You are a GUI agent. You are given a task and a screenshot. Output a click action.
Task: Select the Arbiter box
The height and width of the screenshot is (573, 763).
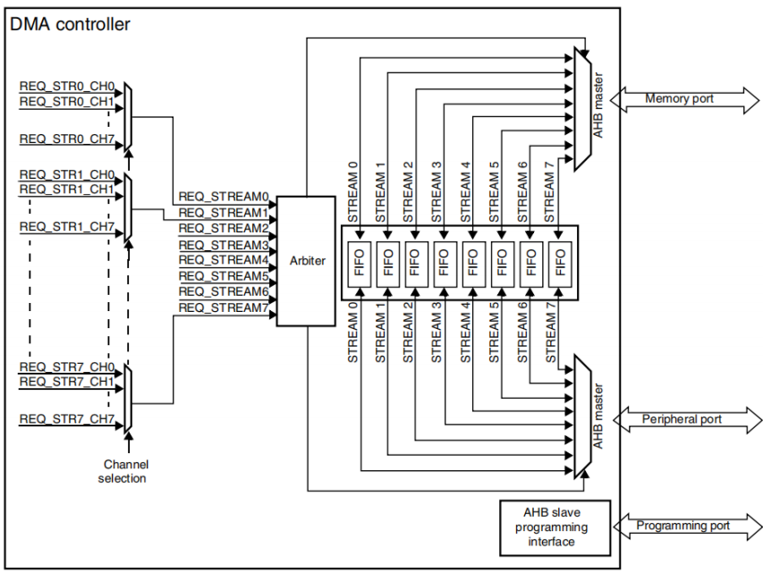pos(307,260)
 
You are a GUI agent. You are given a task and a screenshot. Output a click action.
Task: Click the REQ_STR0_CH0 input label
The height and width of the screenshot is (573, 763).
pos(67,87)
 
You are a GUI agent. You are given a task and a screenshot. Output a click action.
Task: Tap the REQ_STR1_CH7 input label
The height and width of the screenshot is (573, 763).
pos(67,227)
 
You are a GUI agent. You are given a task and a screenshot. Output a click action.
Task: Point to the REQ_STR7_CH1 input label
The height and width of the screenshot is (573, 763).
pos(67,382)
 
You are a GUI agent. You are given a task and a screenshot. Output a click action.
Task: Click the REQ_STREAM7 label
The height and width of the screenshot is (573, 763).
pos(224,308)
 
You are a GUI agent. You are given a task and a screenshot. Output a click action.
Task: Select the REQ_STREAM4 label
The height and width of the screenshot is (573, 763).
pos(224,260)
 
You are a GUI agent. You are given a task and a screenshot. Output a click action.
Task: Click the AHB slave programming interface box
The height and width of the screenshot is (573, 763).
pos(552,527)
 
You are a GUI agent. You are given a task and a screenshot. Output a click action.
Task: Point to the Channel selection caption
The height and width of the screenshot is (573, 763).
pos(125,471)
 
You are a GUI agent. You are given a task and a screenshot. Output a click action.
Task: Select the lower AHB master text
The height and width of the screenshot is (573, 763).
pos(598,415)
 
